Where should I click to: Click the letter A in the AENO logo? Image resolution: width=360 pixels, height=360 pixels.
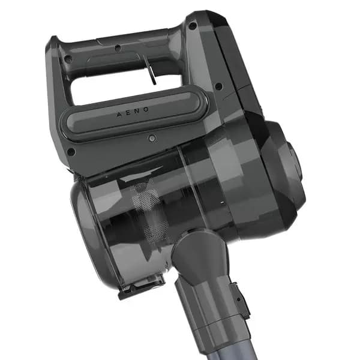119,114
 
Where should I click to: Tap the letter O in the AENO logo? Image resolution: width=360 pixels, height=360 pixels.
146,110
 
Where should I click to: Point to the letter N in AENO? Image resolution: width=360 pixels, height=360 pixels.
137,111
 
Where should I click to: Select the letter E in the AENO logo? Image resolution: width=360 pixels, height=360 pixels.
128,113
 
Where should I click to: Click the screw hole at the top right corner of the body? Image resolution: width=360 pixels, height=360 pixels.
193,25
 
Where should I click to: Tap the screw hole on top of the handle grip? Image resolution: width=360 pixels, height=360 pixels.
118,48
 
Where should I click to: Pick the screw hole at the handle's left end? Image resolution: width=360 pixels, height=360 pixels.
67,59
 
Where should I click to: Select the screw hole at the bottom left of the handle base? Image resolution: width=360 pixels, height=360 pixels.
71,151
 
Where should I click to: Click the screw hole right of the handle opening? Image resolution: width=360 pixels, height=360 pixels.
219,86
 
